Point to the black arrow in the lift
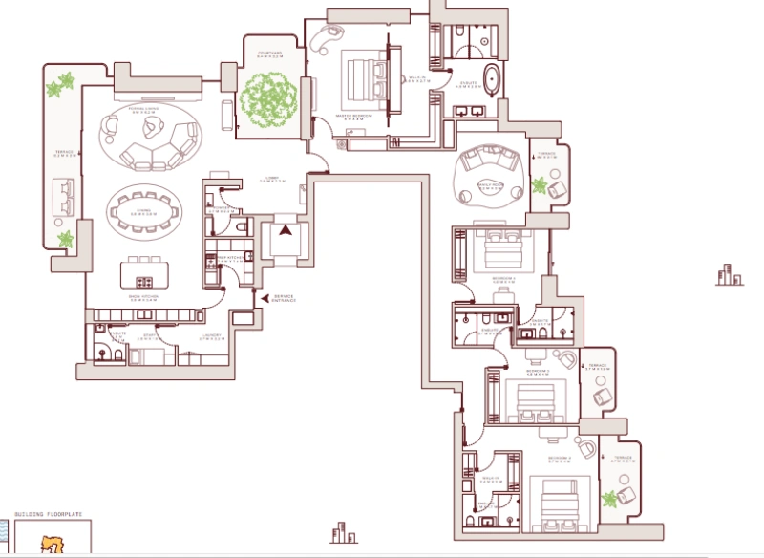[285, 229]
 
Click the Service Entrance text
[285, 299]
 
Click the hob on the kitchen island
[145, 282]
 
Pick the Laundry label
[212, 336]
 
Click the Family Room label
[490, 188]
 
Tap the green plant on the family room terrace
[541, 184]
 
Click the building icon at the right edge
[730, 276]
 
